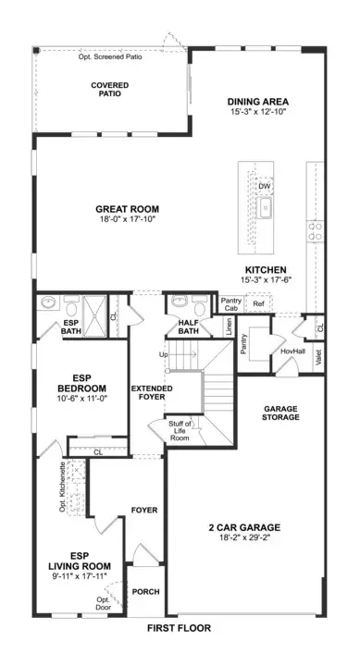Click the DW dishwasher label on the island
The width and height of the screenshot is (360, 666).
[x=265, y=186]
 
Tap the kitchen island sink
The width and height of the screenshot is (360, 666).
[x=265, y=208]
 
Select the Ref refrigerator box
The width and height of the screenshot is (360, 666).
[x=258, y=303]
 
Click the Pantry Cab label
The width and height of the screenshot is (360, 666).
[x=230, y=304]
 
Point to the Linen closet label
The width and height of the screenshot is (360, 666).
[x=230, y=327]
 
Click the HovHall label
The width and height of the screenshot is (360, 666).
[x=291, y=351]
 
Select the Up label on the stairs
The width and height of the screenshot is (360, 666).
[x=163, y=353]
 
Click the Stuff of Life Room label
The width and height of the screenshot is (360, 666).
[x=179, y=430]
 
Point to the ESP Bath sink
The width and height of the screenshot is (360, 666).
[x=48, y=302]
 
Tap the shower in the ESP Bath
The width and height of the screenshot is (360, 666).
[x=94, y=316]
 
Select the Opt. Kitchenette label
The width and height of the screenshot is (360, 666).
[x=63, y=487]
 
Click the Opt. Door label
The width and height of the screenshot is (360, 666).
[x=103, y=603]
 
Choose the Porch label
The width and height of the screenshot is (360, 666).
[x=146, y=591]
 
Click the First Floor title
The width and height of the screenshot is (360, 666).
[x=179, y=628]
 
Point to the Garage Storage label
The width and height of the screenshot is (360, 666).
[x=280, y=413]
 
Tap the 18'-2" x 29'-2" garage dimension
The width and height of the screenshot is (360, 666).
[x=244, y=536]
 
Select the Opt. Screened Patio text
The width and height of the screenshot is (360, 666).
[x=110, y=56]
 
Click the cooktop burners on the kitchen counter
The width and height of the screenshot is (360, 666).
[x=316, y=231]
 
